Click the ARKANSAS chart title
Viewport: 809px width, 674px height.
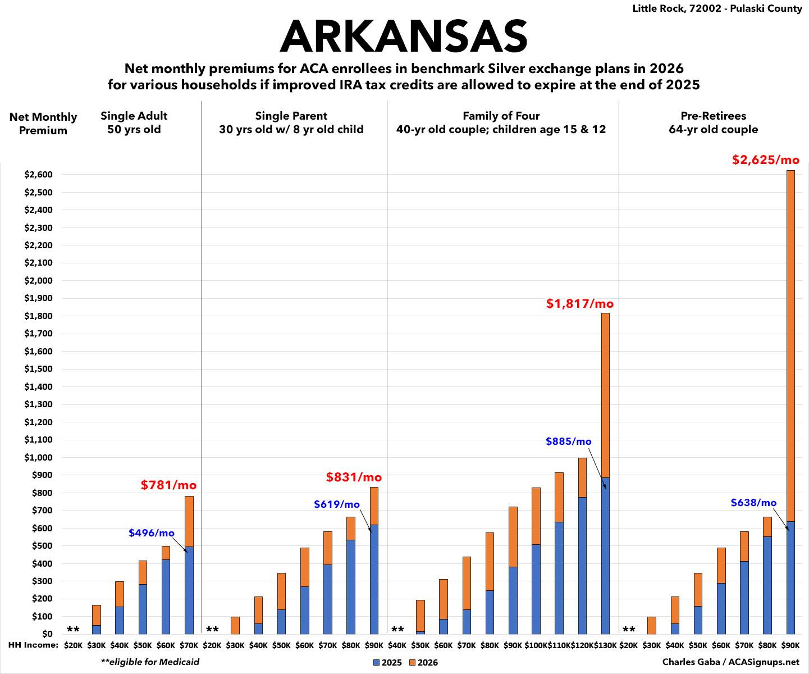pyautogui.click(x=404, y=37)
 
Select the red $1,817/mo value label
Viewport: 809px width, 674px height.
pyautogui.click(x=580, y=304)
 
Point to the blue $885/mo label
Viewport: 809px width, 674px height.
pyautogui.click(x=568, y=441)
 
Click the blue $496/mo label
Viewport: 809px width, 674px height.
pyautogui.click(x=152, y=533)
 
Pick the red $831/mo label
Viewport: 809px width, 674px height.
pyautogui.click(x=354, y=477)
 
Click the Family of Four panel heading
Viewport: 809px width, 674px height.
pyautogui.click(x=501, y=122)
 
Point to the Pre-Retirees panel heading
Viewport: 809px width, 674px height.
pyautogui.click(x=713, y=122)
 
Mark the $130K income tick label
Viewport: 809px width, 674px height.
pyautogui.click(x=605, y=646)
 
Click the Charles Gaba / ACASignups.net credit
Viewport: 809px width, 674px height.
pyautogui.click(x=730, y=662)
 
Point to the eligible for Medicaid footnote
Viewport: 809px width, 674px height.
pyautogui.click(x=150, y=662)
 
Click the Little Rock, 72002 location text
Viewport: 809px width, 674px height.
pyautogui.click(x=717, y=9)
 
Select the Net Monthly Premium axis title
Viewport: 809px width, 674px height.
pyautogui.click(x=43, y=124)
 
